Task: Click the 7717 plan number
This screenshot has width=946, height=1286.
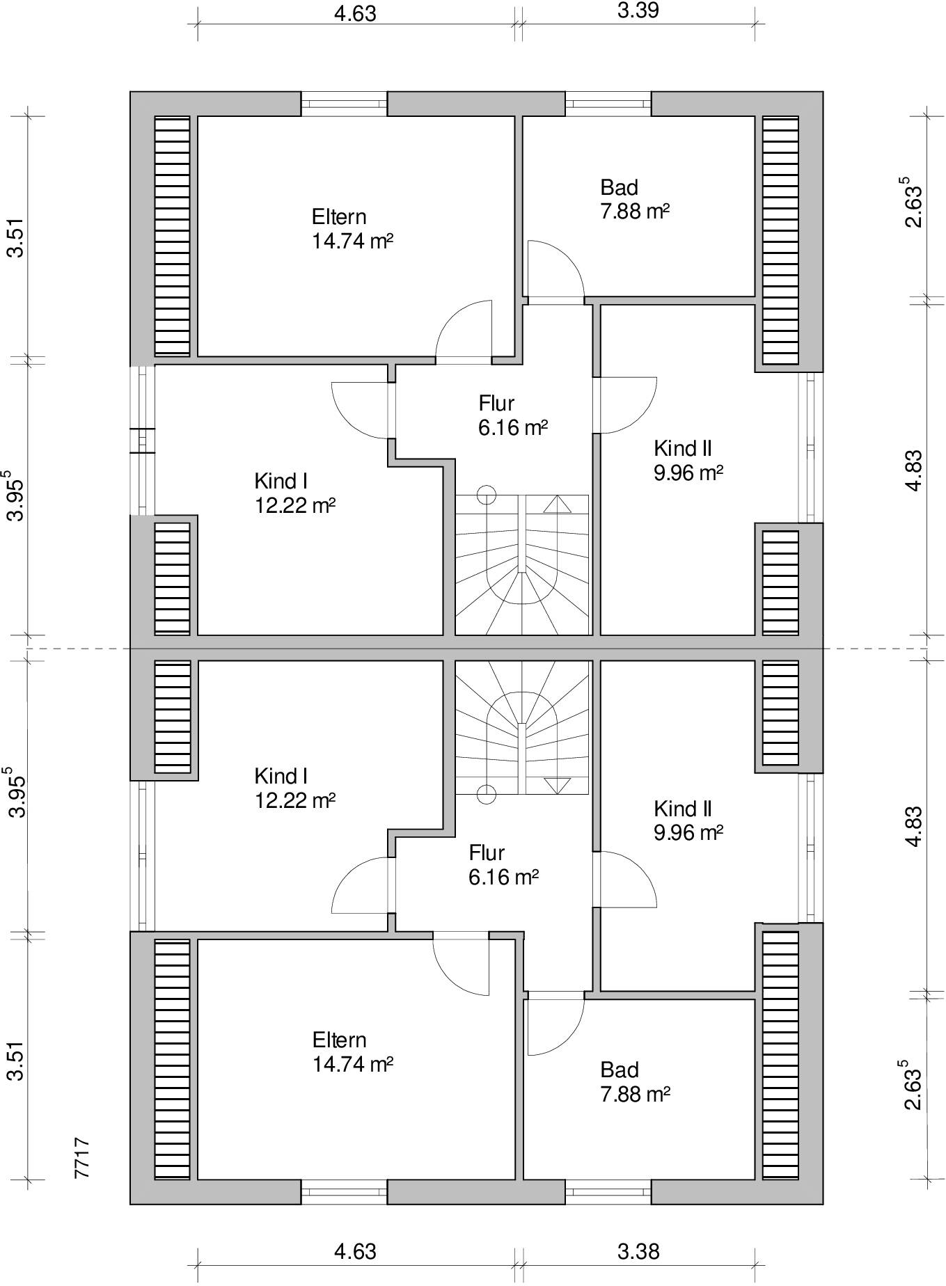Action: pos(82,1158)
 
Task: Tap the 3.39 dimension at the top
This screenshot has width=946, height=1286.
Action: pos(638,11)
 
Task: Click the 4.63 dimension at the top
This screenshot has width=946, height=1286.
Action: pos(355,14)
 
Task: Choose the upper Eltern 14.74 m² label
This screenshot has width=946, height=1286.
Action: pos(353,228)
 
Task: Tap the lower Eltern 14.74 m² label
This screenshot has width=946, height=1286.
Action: pos(353,1051)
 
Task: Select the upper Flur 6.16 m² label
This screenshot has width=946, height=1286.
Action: pos(513,415)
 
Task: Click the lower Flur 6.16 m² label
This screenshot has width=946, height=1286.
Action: pos(503,864)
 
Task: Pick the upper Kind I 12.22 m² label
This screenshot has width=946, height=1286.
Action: pos(295,493)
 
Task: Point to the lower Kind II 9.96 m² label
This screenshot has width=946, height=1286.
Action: pos(688,820)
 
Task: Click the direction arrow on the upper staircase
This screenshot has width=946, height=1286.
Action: pos(557,504)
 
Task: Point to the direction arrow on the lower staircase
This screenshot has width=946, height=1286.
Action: pos(557,786)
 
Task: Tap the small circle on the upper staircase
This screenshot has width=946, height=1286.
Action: pos(487,495)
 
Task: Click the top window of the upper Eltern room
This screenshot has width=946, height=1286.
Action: pos(344,104)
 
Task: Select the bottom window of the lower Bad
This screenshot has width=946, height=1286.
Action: pos(608,1192)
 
